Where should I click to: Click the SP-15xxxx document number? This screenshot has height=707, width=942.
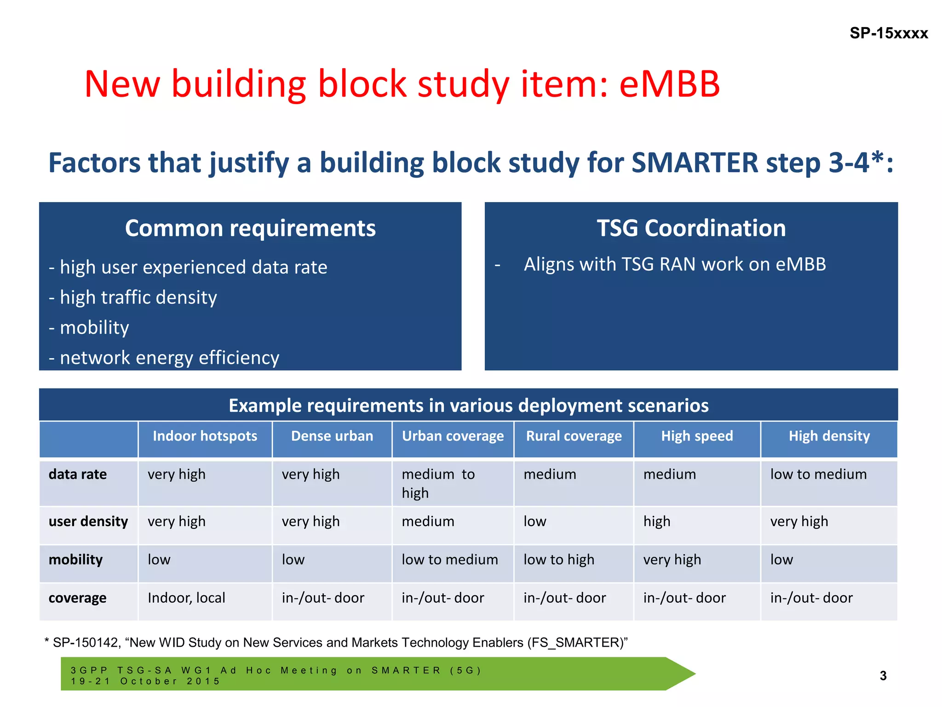(888, 33)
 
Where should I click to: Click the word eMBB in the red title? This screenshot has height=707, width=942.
(669, 84)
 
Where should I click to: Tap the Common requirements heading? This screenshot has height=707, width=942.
(250, 228)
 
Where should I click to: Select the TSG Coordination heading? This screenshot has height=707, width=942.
(691, 228)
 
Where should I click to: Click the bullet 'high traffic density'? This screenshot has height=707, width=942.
(138, 298)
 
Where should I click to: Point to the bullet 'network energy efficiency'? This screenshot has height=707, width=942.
(169, 358)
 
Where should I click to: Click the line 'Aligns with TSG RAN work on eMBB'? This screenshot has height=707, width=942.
(674, 265)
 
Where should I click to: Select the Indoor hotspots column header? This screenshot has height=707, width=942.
(205, 436)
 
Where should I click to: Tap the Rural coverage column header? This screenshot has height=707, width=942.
(574, 436)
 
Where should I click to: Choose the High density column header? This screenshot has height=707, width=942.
(829, 436)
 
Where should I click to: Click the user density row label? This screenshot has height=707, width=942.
(88, 522)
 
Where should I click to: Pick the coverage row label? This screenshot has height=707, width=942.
(77, 598)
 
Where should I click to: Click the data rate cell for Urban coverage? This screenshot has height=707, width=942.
(438, 483)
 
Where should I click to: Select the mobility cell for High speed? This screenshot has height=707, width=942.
(672, 560)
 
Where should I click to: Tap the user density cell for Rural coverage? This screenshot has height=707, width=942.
(535, 522)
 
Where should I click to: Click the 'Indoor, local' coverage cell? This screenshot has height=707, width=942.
(186, 598)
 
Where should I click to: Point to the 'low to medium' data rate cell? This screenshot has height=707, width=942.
(818, 475)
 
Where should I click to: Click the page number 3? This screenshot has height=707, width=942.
(883, 676)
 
